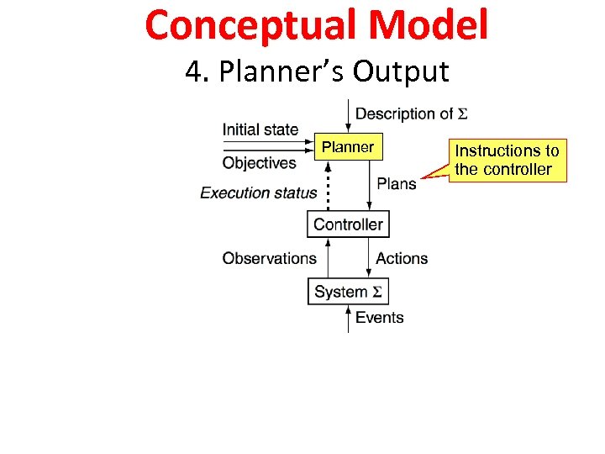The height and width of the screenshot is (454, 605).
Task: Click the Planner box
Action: pyautogui.click(x=348, y=147)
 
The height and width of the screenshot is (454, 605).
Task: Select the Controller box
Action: pyautogui.click(x=348, y=224)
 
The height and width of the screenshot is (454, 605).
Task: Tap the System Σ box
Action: pyautogui.click(x=348, y=292)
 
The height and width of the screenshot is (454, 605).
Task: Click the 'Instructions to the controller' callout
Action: pyautogui.click(x=507, y=160)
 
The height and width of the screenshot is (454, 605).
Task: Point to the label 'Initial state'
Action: pyautogui.click(x=260, y=129)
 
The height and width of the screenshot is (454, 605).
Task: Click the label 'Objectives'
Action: pyautogui.click(x=259, y=163)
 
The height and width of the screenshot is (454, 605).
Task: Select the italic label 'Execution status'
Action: pyautogui.click(x=258, y=193)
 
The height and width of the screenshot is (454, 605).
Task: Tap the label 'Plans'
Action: pyautogui.click(x=396, y=183)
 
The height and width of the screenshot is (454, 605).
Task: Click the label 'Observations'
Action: pyautogui.click(x=269, y=258)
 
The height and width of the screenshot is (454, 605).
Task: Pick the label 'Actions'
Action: pyautogui.click(x=402, y=258)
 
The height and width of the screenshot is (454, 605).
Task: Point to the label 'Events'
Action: pyautogui.click(x=379, y=317)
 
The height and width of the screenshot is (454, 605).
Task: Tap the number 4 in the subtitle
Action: pyautogui.click(x=194, y=72)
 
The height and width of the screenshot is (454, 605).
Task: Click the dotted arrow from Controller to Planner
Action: pyautogui.click(x=328, y=186)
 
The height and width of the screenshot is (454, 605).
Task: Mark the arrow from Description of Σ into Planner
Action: pyautogui.click(x=349, y=116)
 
